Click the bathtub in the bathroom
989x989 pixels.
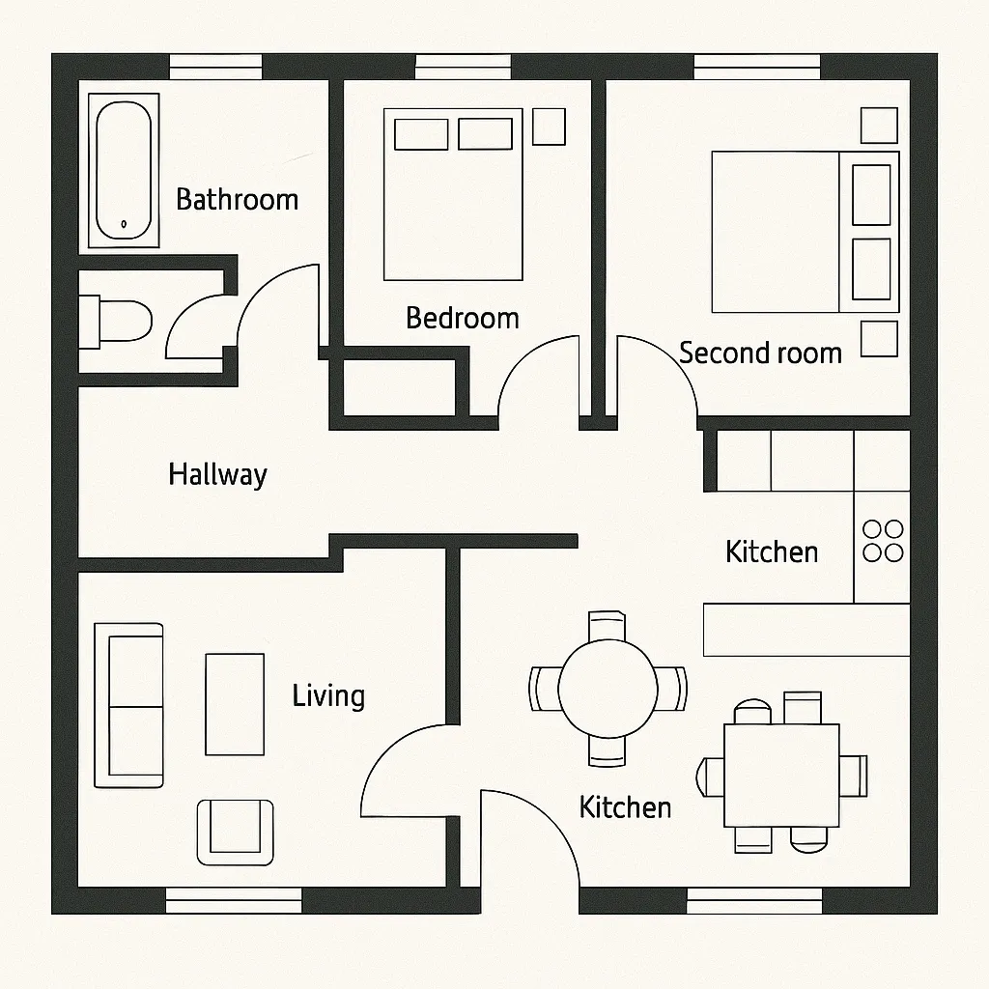123,170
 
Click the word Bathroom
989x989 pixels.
237,200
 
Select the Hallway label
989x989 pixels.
217,474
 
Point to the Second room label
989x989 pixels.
760,353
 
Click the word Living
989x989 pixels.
328,695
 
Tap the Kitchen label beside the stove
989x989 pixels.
772,551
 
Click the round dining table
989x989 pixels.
608,689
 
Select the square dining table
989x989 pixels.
781,774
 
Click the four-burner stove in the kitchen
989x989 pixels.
883,541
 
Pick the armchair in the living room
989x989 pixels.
235,831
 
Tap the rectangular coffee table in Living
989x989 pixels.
235,704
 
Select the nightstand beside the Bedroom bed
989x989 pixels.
549,126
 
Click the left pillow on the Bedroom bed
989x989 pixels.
421,134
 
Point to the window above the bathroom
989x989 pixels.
215,67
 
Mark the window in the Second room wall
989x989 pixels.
756,67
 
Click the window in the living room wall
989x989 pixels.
234,900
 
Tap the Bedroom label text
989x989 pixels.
462,318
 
